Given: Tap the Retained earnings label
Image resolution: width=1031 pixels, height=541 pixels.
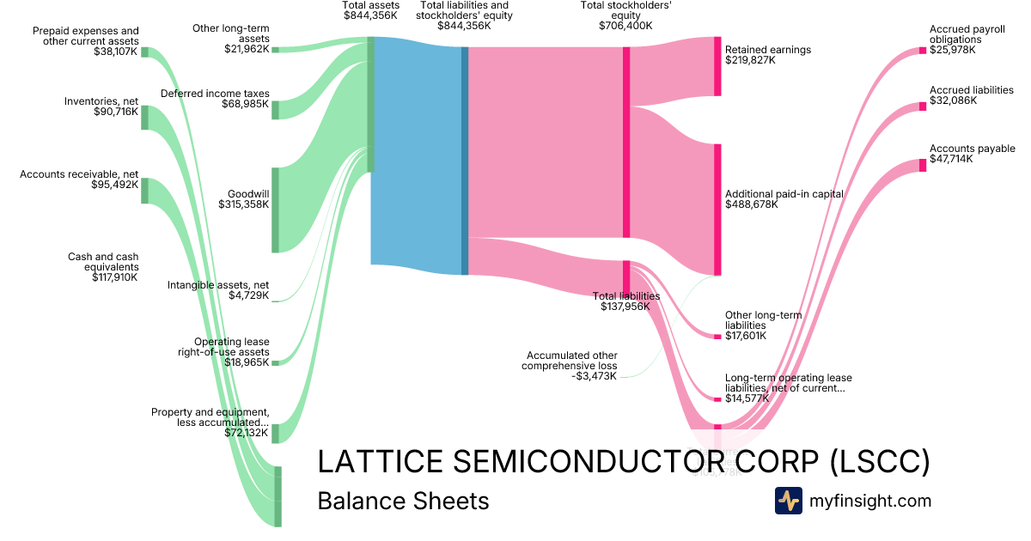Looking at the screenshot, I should [x=767, y=50].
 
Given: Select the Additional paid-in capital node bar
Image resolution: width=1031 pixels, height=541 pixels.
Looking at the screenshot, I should [x=717, y=210].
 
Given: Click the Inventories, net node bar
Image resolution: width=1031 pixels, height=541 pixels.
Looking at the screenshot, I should [x=144, y=118].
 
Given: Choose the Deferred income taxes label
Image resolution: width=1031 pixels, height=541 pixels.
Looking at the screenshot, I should [x=215, y=94].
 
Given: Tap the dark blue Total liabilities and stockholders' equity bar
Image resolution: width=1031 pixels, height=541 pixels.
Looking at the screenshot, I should [x=465, y=161].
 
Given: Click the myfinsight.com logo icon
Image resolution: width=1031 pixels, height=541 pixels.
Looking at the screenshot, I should [x=788, y=501].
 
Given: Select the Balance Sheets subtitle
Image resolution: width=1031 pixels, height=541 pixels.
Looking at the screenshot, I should [x=403, y=501].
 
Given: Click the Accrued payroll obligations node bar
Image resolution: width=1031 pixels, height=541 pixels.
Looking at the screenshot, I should [x=924, y=50].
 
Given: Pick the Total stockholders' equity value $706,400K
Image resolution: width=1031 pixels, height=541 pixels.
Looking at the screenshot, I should [x=625, y=26].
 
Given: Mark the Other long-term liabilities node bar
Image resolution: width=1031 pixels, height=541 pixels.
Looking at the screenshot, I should [x=717, y=336].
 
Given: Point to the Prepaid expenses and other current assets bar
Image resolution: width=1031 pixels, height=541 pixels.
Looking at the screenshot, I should [x=144, y=52].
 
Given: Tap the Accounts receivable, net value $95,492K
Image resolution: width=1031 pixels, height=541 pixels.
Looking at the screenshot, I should [x=114, y=185].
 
